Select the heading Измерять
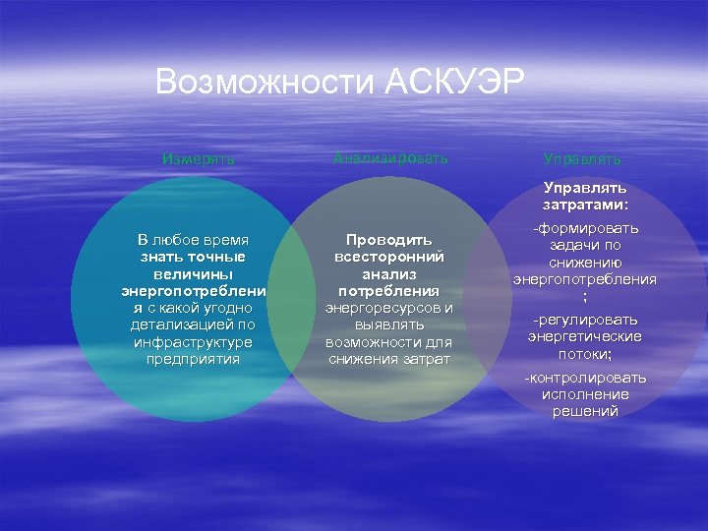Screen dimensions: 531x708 coord(199,158)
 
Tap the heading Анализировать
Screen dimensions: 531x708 coord(390,157)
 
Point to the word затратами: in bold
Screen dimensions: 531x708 coord(585,205)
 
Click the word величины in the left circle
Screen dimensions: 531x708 coord(193,274)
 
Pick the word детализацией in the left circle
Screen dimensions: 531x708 coord(179,324)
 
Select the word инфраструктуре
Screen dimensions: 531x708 coord(193,341)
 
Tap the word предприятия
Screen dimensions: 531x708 coord(193,359)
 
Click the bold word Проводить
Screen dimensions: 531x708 coord(389,239)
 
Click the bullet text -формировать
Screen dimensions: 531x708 coord(585,228)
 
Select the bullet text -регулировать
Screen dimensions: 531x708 coord(585,320)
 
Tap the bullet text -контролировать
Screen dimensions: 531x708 coord(585,378)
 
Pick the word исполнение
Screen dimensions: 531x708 coord(585,394)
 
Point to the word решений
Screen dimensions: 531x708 coord(585,411)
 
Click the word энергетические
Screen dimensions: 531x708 coord(585,336)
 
